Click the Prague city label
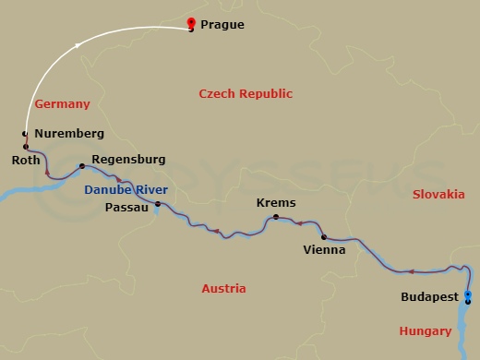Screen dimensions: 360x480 pos(222,25)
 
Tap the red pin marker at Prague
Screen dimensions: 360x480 pos(191,24)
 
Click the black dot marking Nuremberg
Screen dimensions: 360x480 pos(25,135)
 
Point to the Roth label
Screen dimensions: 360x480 pos(26,160)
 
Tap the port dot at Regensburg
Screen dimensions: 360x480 pos(81,166)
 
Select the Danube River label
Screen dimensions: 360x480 pos(126,189)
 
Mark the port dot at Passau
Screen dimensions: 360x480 pos(158,204)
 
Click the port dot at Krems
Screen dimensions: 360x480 pos(275,217)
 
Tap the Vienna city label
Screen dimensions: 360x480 pos(324,249)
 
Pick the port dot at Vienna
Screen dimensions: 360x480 pos(323,236)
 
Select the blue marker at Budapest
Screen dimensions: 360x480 pos(468,296)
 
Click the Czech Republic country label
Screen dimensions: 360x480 pos(246,94)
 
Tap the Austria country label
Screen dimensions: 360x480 pos(223,289)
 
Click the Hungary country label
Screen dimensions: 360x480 pos(425,330)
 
